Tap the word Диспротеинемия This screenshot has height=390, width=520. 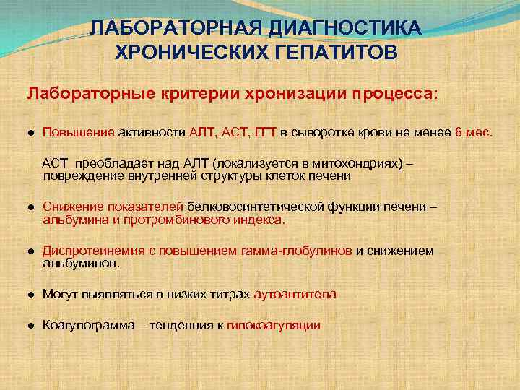87,251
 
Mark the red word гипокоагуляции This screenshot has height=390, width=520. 274,326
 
